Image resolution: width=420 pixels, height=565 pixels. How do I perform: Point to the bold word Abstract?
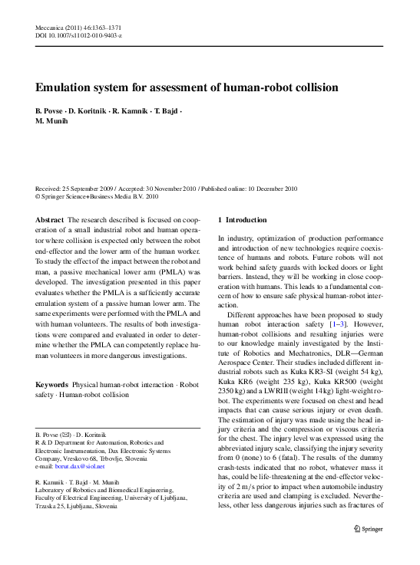50,219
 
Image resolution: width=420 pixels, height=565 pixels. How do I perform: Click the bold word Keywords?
52,383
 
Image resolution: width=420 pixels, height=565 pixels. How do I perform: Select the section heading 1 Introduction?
243,219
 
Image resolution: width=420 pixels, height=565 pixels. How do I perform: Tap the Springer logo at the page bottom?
368,549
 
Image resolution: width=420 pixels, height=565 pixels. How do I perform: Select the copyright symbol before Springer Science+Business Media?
39,195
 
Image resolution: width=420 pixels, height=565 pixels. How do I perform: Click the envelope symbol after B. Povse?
67,434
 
